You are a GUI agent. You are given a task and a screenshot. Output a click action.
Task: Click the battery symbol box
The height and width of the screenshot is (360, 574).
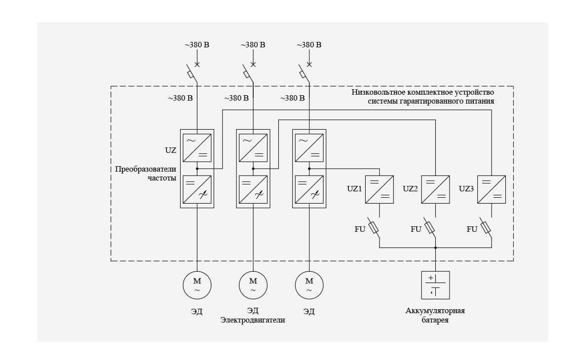tap(435, 285)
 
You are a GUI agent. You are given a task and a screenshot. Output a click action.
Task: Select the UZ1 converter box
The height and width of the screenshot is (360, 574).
tap(379, 189)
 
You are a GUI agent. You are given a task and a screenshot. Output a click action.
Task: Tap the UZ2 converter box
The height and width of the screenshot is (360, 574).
tap(435, 189)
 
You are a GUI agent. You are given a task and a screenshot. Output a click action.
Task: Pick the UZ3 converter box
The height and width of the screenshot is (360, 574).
tap(492, 189)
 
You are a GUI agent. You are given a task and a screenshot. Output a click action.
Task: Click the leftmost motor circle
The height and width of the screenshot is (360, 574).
tap(197, 285)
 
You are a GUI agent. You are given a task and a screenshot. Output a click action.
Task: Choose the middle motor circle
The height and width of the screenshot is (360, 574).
tap(253, 285)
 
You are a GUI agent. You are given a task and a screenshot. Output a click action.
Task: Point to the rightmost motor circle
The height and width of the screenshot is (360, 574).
tap(309, 285)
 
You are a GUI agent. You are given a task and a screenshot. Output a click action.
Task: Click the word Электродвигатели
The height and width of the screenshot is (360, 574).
tap(253, 320)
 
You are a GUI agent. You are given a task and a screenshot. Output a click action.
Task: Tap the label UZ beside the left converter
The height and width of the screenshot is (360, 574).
tap(170, 149)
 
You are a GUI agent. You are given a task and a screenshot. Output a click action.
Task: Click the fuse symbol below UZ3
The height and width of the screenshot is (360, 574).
tap(486, 227)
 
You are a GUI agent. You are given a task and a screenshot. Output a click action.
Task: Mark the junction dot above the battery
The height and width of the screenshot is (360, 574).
tap(435, 248)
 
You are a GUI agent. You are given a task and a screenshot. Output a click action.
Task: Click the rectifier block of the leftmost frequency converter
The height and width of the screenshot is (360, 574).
tap(197, 147)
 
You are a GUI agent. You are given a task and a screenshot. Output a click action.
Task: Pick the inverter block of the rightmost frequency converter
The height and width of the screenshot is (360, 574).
tap(309, 190)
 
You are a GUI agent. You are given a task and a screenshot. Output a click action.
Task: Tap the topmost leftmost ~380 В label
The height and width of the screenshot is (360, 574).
tap(197, 45)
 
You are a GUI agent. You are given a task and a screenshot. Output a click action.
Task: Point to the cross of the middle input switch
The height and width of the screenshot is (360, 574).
tap(253, 64)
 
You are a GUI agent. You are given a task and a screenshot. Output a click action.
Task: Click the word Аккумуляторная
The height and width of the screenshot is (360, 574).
tap(435, 311)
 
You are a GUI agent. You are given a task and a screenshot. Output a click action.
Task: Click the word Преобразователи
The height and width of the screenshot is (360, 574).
tap(146, 169)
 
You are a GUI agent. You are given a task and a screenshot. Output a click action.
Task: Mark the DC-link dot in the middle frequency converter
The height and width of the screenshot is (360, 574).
tap(253, 169)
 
